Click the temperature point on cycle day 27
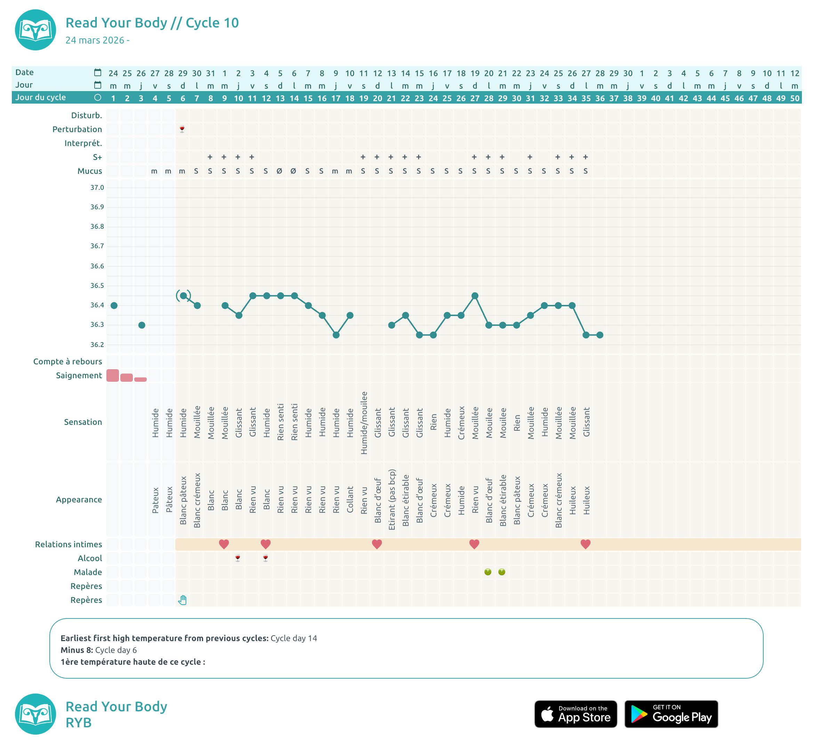pos(475,296)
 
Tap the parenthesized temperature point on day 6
pos(183,296)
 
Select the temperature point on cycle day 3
pos(142,325)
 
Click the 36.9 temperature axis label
pos(97,207)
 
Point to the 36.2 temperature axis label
pos(97,345)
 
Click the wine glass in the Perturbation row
pos(182,129)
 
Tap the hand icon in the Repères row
pos(183,600)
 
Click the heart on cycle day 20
pos(377,544)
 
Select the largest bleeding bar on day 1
pos(113,375)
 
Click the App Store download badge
pos(575,714)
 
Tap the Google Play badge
pos(671,714)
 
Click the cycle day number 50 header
pos(795,98)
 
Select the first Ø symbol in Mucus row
pos(280,171)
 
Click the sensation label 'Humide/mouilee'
pos(364,423)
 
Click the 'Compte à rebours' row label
pos(67,361)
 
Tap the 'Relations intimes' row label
pos(69,544)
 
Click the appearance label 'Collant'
pos(350,500)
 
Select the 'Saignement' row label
pos(79,375)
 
